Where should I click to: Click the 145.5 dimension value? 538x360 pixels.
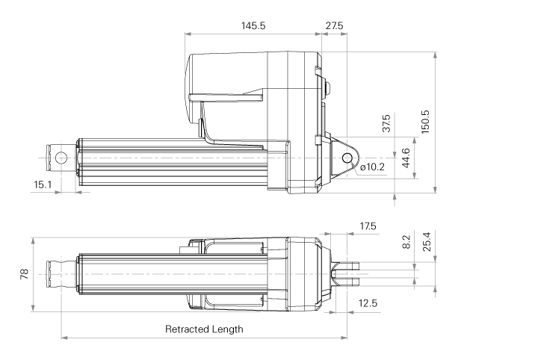(253, 25)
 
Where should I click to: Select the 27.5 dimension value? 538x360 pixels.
(334, 25)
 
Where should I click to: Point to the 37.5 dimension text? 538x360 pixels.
(386, 124)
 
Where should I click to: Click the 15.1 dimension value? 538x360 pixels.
(42, 184)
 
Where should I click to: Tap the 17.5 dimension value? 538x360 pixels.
(368, 226)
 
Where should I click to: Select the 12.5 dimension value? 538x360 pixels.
(367, 303)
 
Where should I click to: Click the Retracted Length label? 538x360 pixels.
(203, 329)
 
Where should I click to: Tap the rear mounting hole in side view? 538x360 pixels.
(347, 158)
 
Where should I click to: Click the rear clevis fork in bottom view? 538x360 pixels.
(350, 274)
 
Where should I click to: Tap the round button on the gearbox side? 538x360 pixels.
(327, 87)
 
